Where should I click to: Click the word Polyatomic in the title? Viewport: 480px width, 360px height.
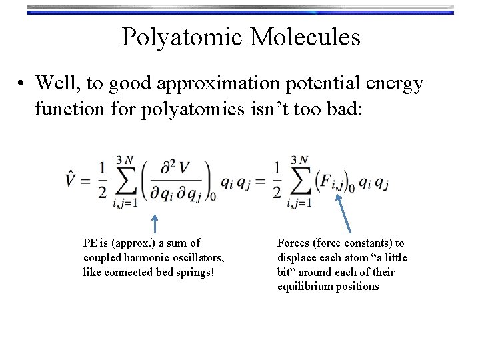point(179,37)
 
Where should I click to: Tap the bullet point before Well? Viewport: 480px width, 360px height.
point(23,84)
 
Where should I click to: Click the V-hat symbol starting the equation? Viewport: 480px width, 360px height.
point(74,178)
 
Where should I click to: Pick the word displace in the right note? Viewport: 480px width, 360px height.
point(296,257)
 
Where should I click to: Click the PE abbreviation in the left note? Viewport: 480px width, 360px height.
point(90,243)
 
